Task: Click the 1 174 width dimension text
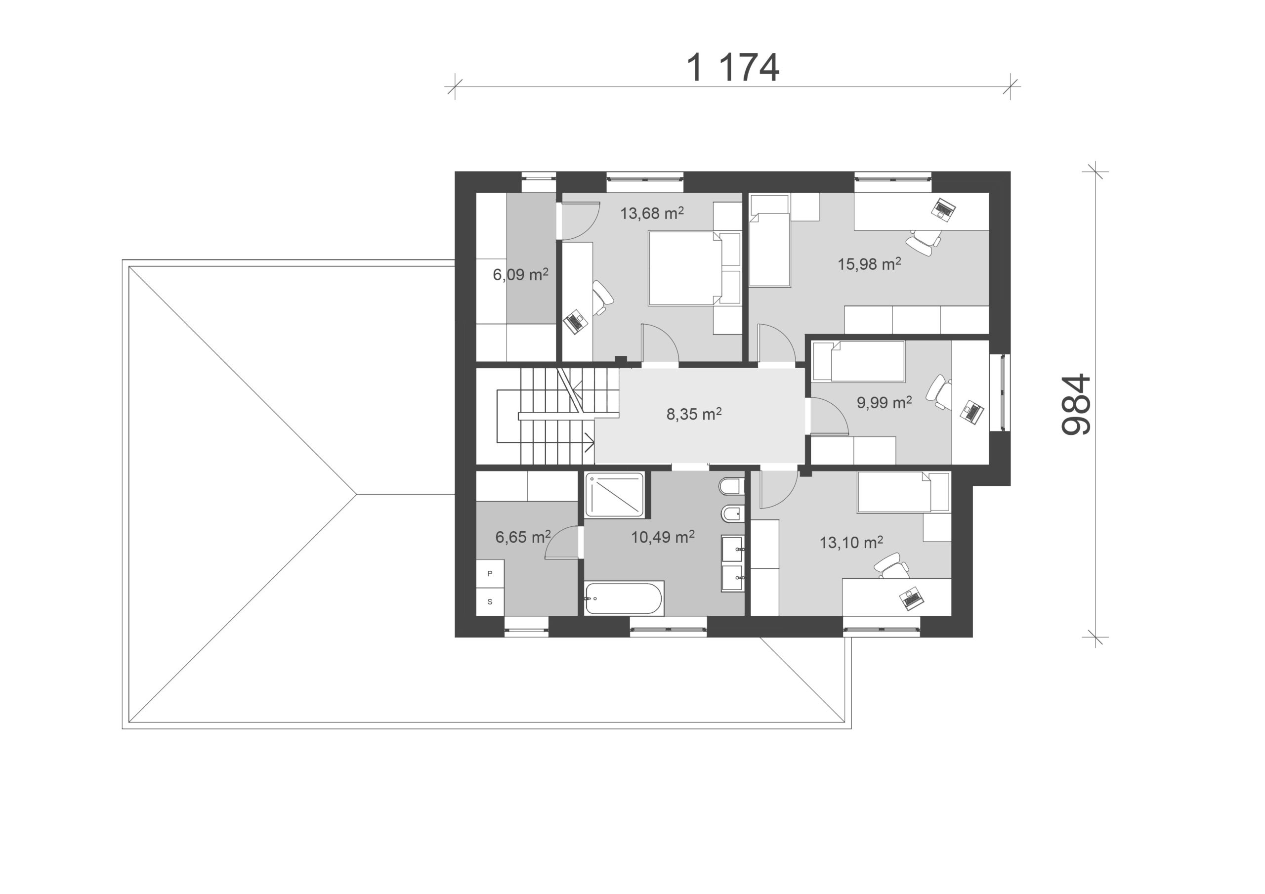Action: click(732, 68)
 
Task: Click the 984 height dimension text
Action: click(1076, 405)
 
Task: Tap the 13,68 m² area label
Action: click(652, 213)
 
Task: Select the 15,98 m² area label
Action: click(869, 263)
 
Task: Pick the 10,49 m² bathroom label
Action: click(663, 536)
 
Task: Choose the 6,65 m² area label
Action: click(523, 536)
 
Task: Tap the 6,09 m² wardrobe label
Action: click(521, 274)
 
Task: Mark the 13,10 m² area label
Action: click(851, 542)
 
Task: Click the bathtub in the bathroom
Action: click(624, 598)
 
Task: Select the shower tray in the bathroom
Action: click(614, 494)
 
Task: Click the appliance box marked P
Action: click(490, 574)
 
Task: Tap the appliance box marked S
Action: click(490, 602)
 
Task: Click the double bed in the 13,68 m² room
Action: click(685, 268)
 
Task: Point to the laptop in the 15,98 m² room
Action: click(943, 210)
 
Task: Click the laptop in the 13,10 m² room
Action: click(911, 598)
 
